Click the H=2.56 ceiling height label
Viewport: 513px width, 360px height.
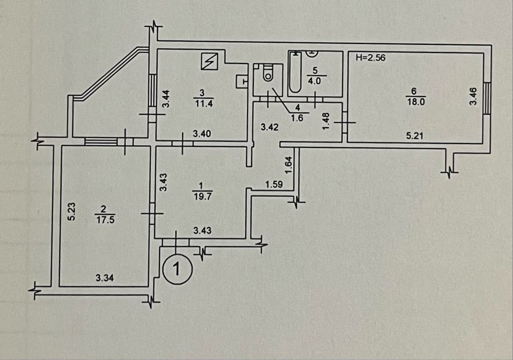(x=370, y=58)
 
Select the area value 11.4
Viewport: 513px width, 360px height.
(x=202, y=101)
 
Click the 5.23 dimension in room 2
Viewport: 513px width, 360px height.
(x=72, y=211)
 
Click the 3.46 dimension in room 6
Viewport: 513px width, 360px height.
(x=474, y=97)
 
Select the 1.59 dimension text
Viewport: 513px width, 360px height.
(x=274, y=184)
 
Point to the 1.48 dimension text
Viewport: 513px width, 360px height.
(x=325, y=122)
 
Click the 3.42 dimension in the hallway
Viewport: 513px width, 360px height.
(x=270, y=127)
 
